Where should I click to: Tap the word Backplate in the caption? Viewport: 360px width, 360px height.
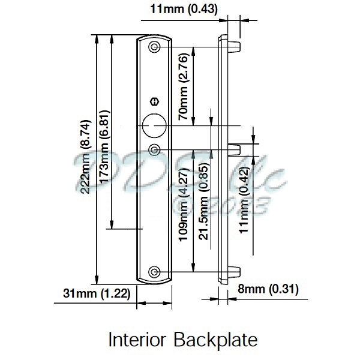point(215,340)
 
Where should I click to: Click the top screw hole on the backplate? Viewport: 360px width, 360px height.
point(155,46)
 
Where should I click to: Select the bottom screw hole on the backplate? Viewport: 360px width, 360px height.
point(155,272)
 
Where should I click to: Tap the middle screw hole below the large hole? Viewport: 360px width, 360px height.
point(155,148)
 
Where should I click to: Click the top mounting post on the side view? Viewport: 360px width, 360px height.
point(234,45)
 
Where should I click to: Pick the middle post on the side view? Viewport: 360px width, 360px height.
point(235,148)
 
